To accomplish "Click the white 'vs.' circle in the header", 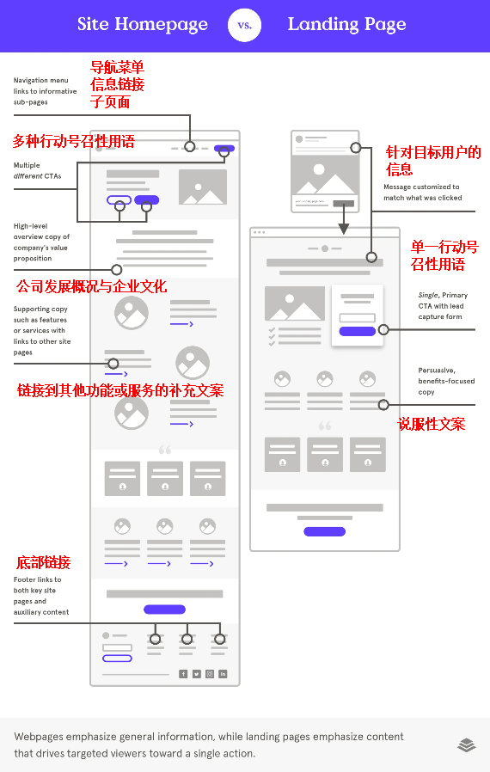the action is pyautogui.click(x=245, y=25).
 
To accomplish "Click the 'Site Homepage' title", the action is pyautogui.click(x=143, y=25).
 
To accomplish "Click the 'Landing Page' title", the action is pyautogui.click(x=346, y=25).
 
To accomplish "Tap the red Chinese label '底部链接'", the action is pyautogui.click(x=43, y=562).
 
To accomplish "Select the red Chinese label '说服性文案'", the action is pyautogui.click(x=432, y=424).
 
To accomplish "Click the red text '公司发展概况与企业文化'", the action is pyautogui.click(x=92, y=286).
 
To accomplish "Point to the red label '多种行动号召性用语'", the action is pyautogui.click(x=74, y=141).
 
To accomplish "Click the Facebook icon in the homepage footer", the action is pyautogui.click(x=183, y=674).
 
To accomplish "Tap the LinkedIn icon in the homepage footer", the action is pyautogui.click(x=224, y=674).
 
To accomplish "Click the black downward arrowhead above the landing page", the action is pyautogui.click(x=344, y=229).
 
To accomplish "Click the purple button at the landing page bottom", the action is pyautogui.click(x=325, y=532).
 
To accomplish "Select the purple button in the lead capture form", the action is pyautogui.click(x=358, y=331).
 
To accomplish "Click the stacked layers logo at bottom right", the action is pyautogui.click(x=467, y=745).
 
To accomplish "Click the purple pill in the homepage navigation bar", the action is pyautogui.click(x=224, y=148).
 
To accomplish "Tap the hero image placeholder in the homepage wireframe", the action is pyautogui.click(x=203, y=187).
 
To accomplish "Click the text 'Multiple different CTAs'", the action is pyautogui.click(x=38, y=170).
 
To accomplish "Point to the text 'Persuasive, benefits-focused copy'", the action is pyautogui.click(x=447, y=381).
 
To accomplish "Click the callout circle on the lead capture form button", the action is pyautogui.click(x=383, y=330).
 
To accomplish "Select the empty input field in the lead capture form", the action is pyautogui.click(x=358, y=318).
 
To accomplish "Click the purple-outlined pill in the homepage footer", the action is pyautogui.click(x=117, y=659).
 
